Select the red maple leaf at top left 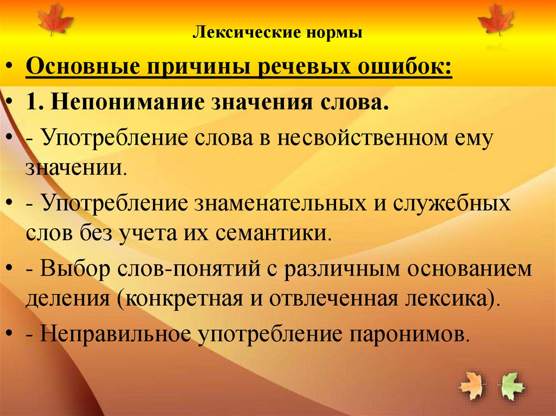[55, 19]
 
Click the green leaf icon [512, 386]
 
